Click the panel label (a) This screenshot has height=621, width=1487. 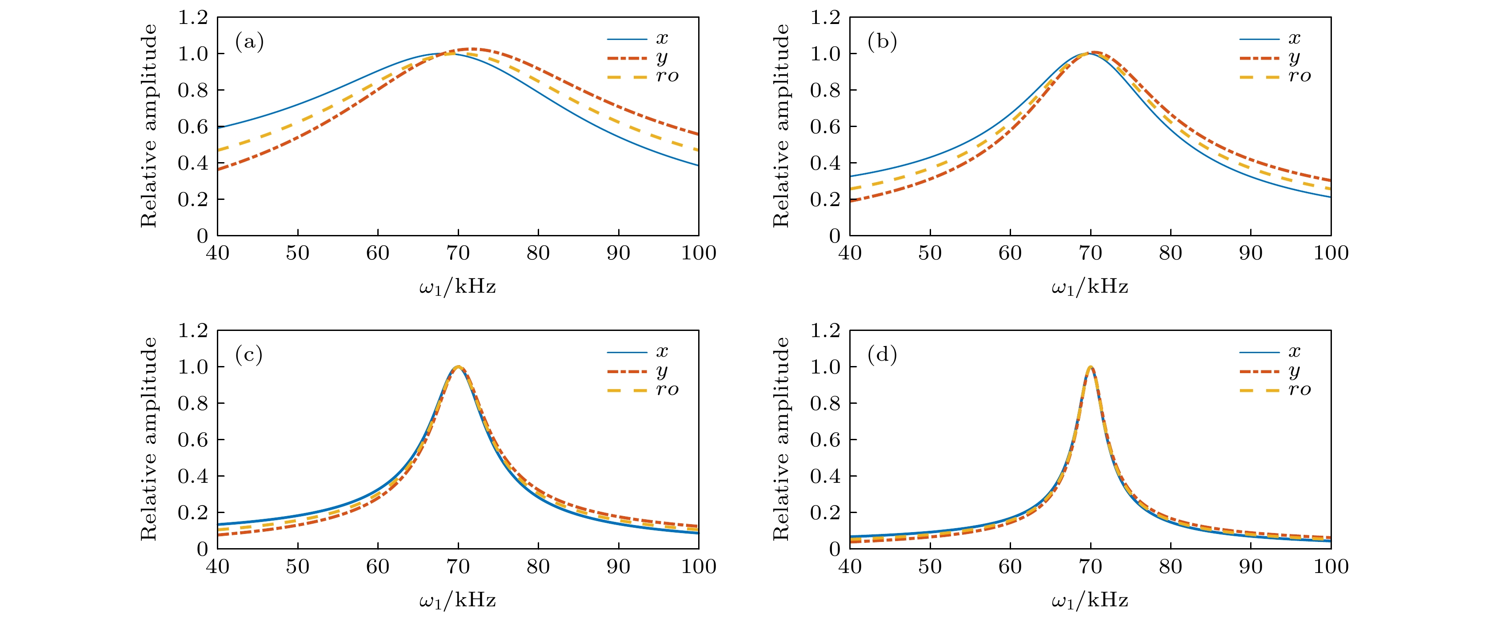click(249, 42)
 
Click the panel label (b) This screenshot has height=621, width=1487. click(882, 42)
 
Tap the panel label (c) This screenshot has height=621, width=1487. click(249, 355)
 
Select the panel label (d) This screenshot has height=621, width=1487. click(882, 355)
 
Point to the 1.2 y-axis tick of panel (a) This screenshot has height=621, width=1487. click(193, 17)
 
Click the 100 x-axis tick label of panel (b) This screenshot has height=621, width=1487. click(1331, 253)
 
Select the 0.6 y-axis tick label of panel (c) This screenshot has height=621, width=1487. click(193, 440)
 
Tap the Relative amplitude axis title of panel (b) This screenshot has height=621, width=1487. click(780, 126)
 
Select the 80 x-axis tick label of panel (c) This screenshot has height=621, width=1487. click(538, 566)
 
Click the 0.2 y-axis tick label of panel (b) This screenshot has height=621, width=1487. click(825, 200)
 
